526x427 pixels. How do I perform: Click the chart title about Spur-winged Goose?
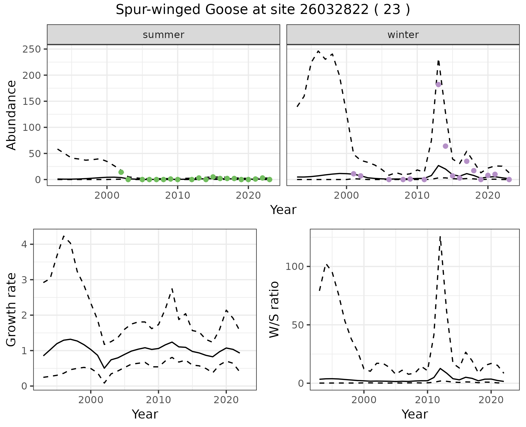(x=263, y=10)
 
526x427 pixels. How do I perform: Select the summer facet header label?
(x=164, y=35)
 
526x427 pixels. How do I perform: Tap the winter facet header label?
(x=403, y=35)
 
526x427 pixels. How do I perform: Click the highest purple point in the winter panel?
(x=438, y=85)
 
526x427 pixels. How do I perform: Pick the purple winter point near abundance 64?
(x=445, y=146)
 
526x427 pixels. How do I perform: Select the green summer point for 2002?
(x=121, y=172)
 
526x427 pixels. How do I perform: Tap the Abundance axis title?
(x=12, y=115)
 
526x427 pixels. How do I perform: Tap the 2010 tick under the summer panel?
(x=178, y=196)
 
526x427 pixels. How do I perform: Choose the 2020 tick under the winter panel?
(x=488, y=196)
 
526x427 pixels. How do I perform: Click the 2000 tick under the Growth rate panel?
(x=91, y=400)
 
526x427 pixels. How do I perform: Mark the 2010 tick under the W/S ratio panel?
(x=427, y=400)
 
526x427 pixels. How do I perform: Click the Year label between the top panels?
(x=283, y=210)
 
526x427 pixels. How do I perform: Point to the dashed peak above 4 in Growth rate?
(x=64, y=236)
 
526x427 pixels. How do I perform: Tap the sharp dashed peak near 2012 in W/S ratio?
(x=440, y=237)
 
